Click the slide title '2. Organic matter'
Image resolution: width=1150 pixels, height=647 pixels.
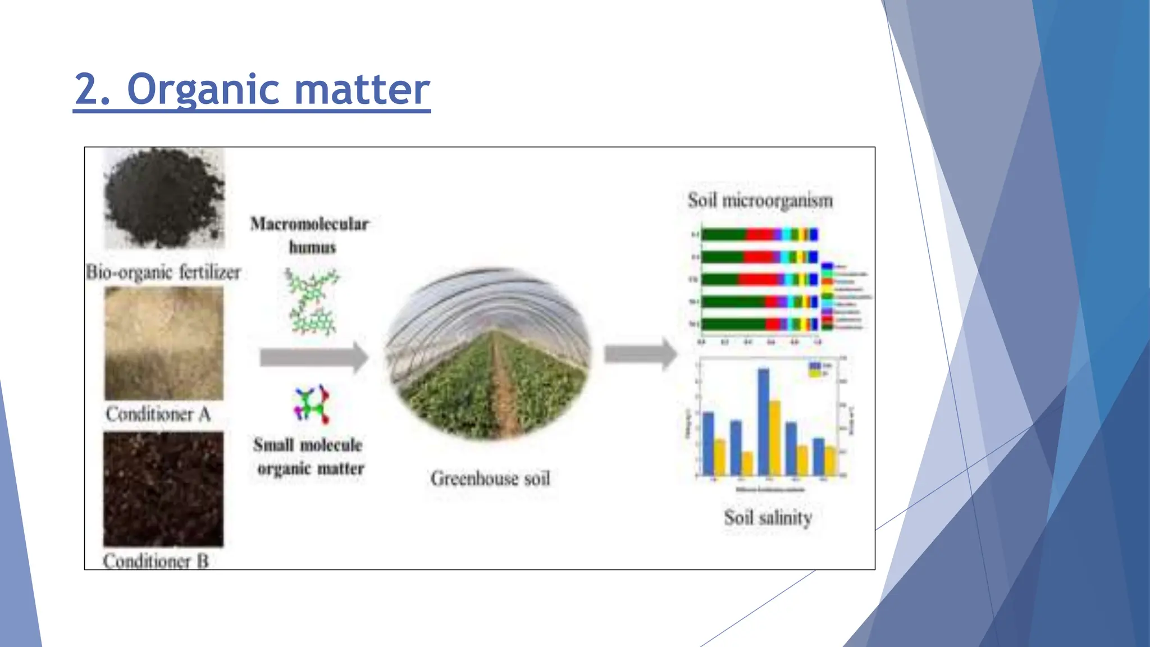[x=252, y=89]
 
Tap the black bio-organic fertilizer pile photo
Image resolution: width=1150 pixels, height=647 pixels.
[x=164, y=198]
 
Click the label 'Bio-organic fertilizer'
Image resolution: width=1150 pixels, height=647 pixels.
[x=163, y=272]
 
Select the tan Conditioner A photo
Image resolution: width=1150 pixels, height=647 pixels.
[x=164, y=343]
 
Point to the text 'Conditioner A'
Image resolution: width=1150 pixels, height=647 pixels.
[x=158, y=414]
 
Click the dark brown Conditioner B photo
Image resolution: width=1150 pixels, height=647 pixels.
[x=163, y=489]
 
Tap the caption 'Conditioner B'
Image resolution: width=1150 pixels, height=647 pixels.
[x=156, y=561]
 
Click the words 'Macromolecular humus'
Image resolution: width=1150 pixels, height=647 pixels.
[x=310, y=235]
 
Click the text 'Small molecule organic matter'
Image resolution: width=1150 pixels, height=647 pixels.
[x=309, y=456]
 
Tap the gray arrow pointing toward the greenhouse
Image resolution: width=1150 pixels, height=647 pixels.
[x=313, y=357]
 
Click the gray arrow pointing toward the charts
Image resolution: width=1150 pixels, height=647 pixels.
[x=640, y=354]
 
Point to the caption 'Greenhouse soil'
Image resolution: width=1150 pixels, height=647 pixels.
[x=490, y=479]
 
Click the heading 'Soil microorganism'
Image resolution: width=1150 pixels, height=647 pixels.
[x=760, y=201]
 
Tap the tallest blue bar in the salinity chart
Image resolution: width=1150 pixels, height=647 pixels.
[x=763, y=421]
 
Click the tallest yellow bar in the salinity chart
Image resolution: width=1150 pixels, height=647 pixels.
[x=774, y=437]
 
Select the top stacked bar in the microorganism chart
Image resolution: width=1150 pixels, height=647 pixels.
[x=759, y=235]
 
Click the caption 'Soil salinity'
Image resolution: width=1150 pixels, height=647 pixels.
[x=768, y=517]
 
